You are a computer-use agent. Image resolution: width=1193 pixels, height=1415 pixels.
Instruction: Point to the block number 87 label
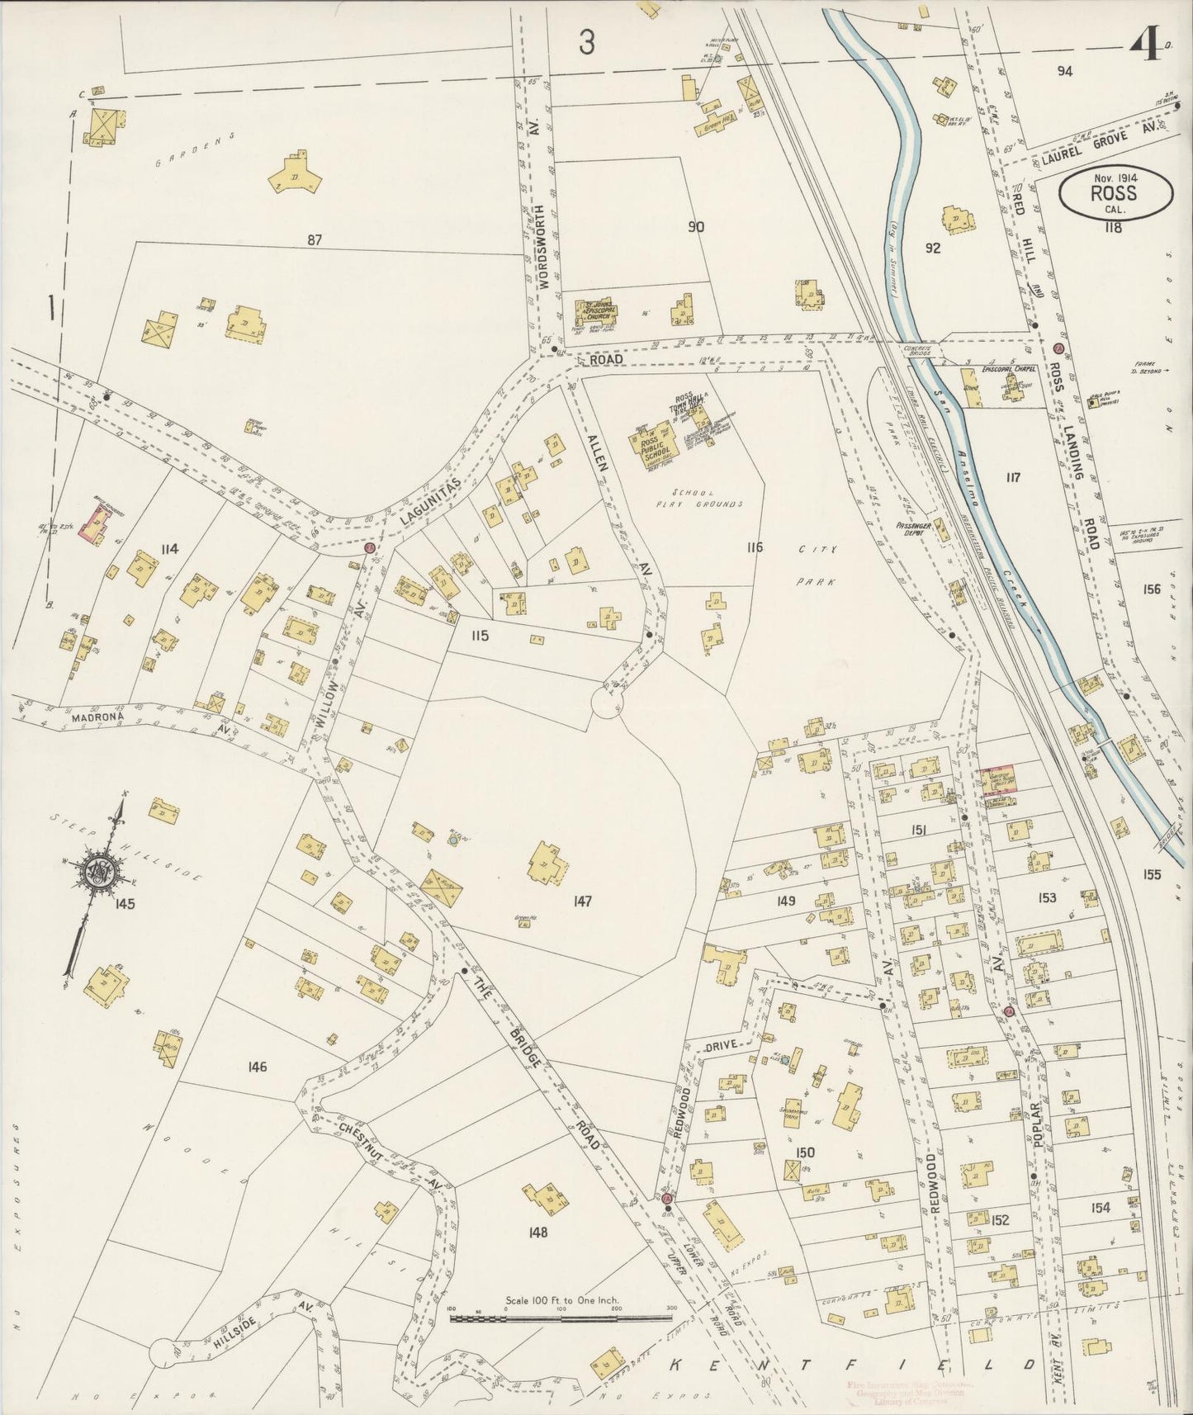(314, 240)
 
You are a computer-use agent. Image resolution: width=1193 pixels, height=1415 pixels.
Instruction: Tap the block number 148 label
(540, 1232)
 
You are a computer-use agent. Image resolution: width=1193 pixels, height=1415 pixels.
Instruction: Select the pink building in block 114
(97, 525)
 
